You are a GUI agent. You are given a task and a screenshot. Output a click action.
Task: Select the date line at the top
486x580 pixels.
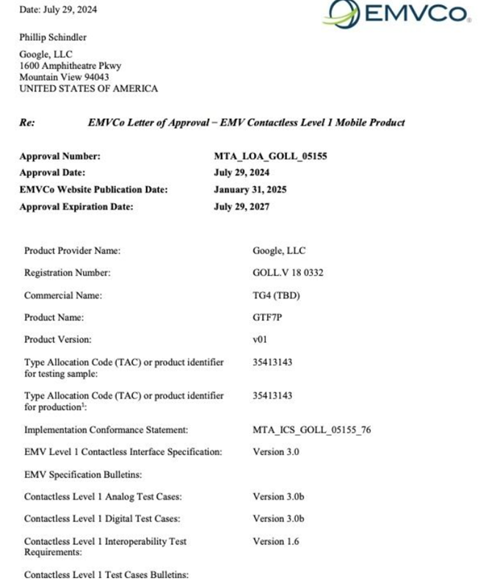click(x=58, y=10)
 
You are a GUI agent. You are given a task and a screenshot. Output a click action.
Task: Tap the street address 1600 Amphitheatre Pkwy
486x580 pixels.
click(x=70, y=65)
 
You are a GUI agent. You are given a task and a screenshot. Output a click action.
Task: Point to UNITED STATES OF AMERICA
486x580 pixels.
click(x=88, y=89)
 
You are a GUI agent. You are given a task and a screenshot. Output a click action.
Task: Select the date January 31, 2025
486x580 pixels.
click(x=250, y=190)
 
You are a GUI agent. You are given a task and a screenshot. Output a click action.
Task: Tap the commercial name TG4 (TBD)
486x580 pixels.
click(x=276, y=296)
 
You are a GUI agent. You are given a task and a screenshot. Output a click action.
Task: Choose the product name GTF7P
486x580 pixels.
click(x=267, y=318)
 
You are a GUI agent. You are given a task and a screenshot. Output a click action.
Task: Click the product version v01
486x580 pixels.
click(x=261, y=340)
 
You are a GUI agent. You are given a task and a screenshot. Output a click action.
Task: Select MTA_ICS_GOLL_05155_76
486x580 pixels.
click(x=311, y=429)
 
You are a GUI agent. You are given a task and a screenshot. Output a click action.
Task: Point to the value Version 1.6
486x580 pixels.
click(x=275, y=542)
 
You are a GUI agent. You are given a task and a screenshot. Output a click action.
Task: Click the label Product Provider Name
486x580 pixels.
click(x=72, y=251)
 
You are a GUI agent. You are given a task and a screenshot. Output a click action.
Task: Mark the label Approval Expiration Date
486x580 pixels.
click(x=76, y=207)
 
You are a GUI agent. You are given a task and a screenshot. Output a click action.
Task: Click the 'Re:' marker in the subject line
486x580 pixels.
click(x=27, y=123)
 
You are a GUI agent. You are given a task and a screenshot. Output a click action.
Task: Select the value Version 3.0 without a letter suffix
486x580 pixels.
click(x=275, y=452)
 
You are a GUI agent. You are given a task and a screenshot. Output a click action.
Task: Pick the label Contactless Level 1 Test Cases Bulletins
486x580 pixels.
click(x=106, y=574)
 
